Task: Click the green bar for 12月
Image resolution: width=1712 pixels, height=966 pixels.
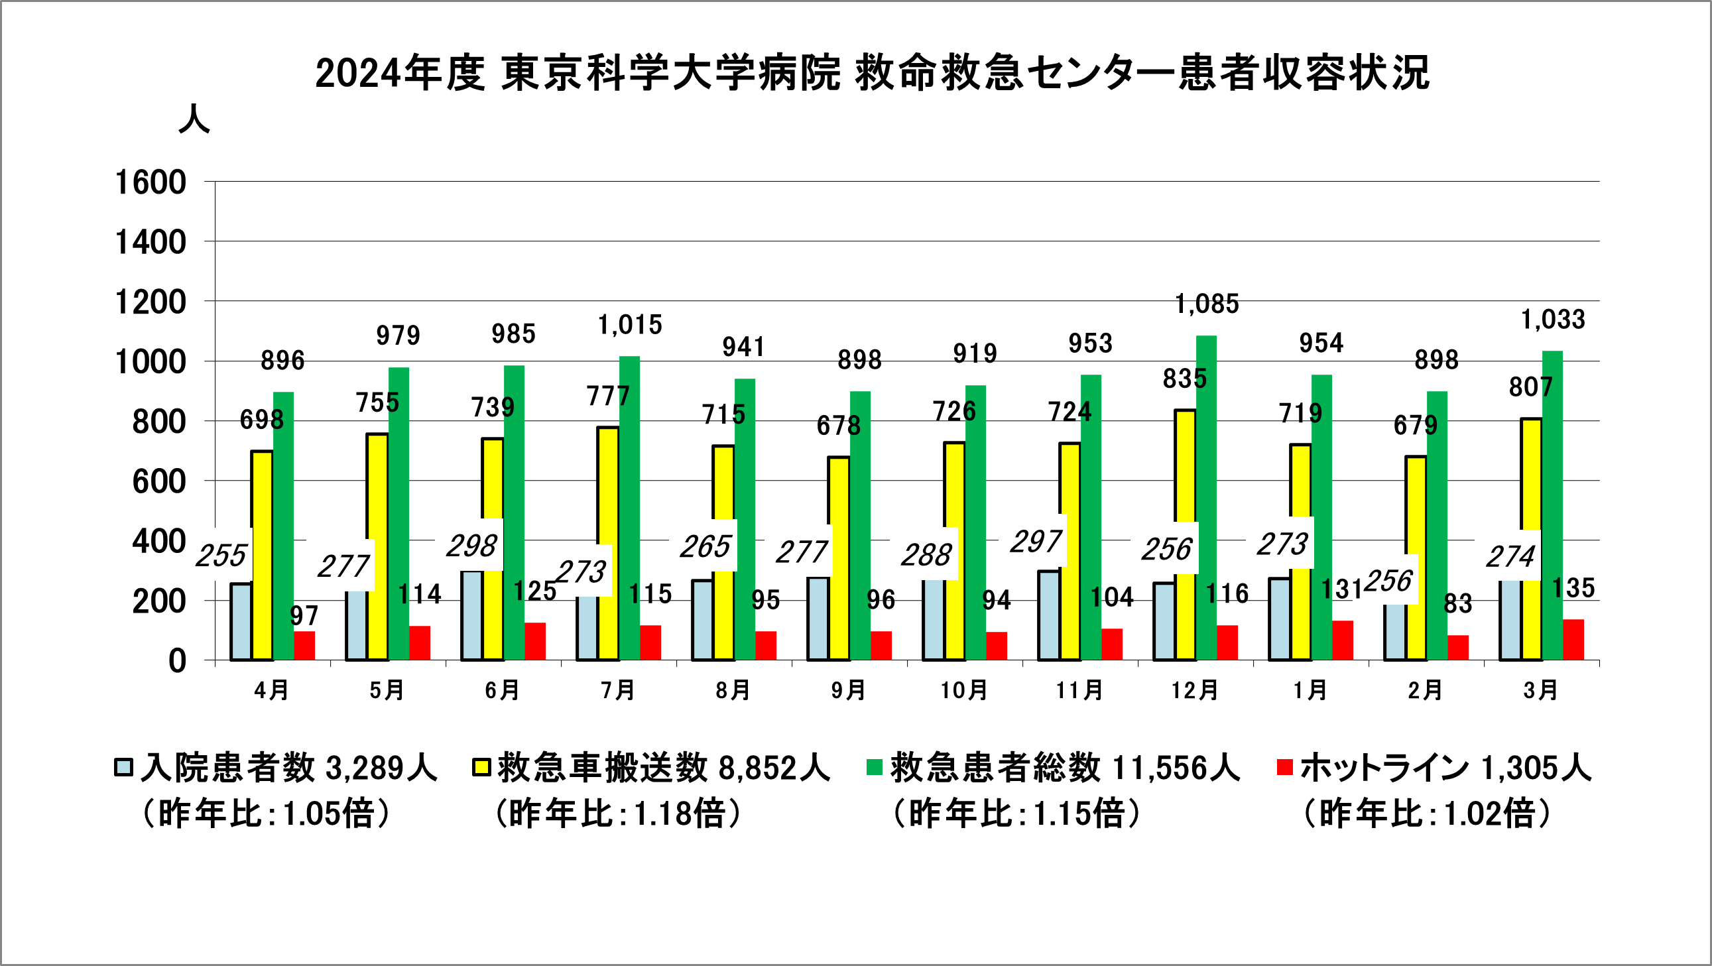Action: click(1206, 499)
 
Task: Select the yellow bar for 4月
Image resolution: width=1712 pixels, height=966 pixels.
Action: click(262, 556)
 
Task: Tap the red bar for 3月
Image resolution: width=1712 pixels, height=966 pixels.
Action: click(1573, 640)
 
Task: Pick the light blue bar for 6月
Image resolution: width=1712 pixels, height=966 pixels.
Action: click(472, 615)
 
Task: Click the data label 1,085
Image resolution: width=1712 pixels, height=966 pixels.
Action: click(1207, 304)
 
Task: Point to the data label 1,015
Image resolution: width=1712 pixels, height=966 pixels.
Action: click(629, 326)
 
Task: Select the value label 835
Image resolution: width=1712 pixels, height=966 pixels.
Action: click(1184, 379)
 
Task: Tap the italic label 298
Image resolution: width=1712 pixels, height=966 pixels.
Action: click(471, 546)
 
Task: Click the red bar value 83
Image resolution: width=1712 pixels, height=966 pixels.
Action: click(1457, 604)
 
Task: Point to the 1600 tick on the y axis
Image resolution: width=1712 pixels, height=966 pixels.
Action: click(151, 183)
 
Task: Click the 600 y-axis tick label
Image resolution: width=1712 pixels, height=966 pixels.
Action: click(159, 481)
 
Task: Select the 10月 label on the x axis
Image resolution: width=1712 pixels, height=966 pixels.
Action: click(963, 691)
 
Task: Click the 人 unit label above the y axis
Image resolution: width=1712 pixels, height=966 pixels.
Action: click(194, 119)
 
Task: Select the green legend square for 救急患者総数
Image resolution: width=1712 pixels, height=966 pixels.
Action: click(875, 767)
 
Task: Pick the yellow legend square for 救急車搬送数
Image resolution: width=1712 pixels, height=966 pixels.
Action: click(481, 767)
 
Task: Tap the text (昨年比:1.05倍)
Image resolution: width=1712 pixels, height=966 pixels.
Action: click(266, 814)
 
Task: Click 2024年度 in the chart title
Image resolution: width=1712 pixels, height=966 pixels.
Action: click(399, 73)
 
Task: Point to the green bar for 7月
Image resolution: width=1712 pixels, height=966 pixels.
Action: click(629, 509)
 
